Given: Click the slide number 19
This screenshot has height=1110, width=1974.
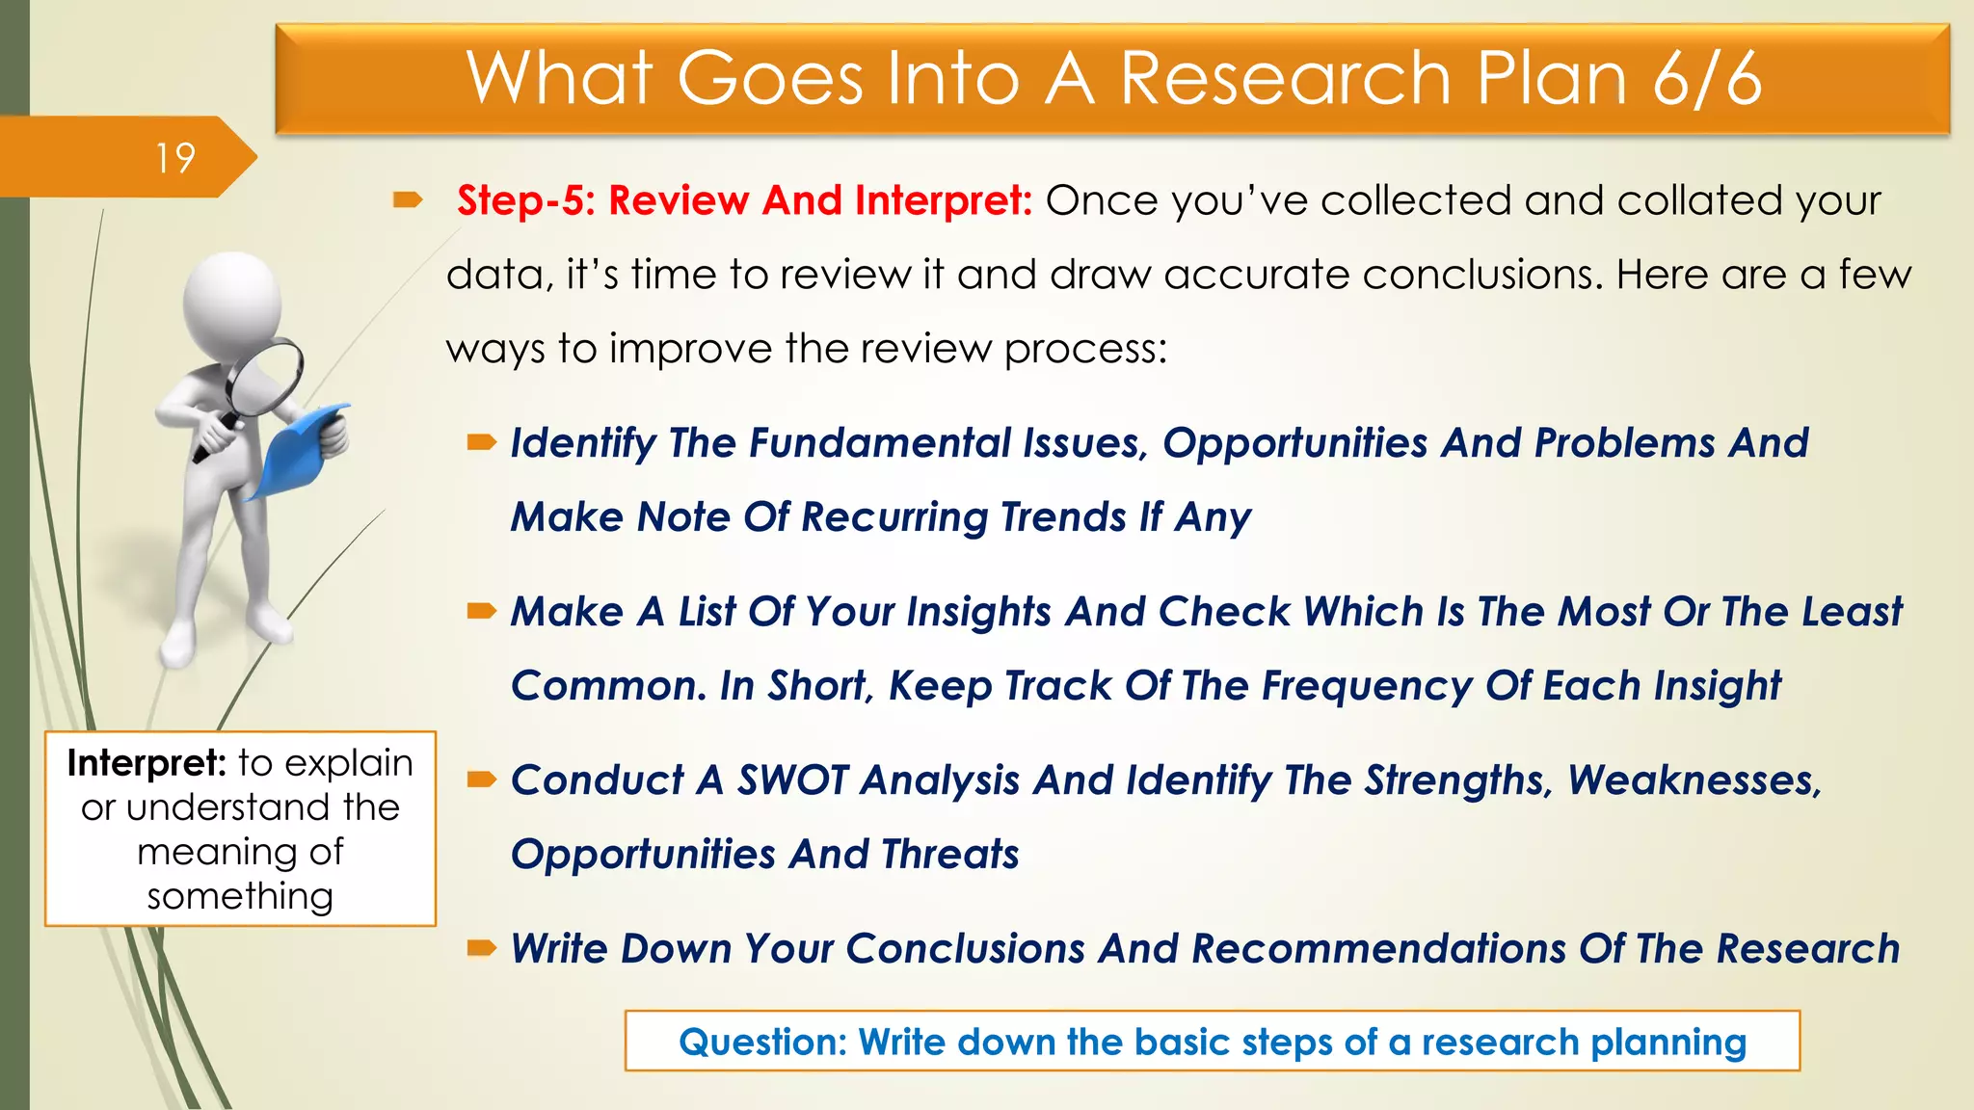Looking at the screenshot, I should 175,158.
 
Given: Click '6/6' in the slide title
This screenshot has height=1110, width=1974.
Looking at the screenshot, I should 1707,78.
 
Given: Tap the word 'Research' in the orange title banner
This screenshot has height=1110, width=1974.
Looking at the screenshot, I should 1286,78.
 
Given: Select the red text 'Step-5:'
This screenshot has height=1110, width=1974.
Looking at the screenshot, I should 526,200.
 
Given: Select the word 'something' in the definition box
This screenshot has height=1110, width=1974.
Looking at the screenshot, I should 240,896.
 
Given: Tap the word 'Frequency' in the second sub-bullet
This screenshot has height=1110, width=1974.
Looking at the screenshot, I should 1367,686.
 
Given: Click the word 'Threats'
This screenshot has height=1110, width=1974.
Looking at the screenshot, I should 949,855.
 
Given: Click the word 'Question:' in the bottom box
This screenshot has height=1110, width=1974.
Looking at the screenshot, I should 762,1043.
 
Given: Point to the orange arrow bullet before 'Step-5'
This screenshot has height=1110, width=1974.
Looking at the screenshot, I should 408,200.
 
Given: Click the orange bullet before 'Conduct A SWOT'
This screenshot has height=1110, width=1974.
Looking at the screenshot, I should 481,779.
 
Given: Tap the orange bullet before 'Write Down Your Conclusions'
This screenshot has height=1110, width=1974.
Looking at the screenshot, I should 481,948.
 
